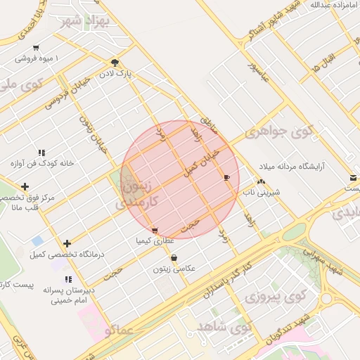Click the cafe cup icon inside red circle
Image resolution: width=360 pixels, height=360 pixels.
(226, 177)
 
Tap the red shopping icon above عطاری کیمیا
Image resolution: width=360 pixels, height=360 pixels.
(155, 230)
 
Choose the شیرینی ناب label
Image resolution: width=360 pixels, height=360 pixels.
(262, 191)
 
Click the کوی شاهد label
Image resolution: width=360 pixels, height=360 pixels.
(224, 328)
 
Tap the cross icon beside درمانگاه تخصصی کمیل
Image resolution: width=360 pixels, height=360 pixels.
(67, 243)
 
